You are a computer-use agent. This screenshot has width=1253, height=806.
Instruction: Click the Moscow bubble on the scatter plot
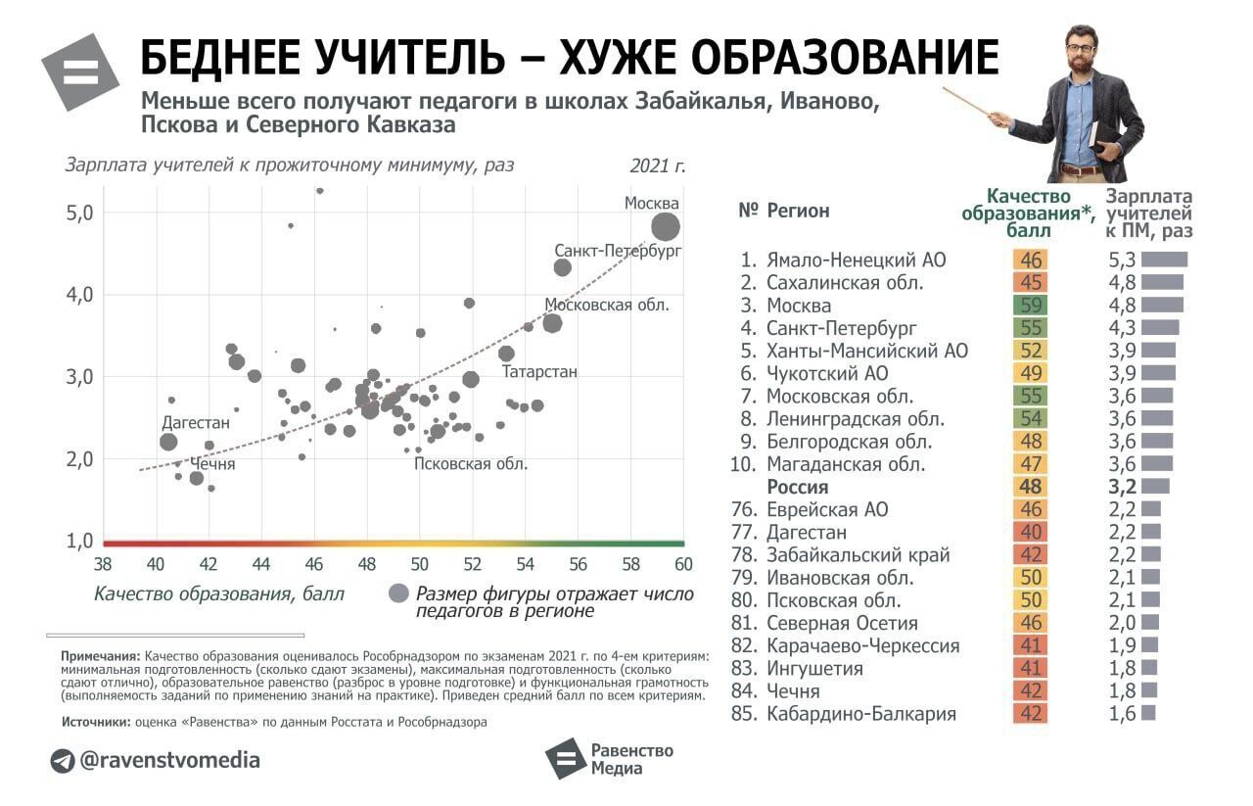pyautogui.click(x=666, y=227)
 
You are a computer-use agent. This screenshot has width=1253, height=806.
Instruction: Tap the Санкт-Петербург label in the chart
pyautogui.click(x=618, y=251)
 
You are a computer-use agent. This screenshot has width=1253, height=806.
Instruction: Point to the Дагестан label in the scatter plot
pyautogui.click(x=196, y=423)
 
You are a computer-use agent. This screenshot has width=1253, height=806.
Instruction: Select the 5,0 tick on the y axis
pyautogui.click(x=80, y=213)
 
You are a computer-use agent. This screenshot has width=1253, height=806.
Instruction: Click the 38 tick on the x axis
pyautogui.click(x=102, y=565)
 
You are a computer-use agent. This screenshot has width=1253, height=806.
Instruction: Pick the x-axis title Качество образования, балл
pyautogui.click(x=219, y=593)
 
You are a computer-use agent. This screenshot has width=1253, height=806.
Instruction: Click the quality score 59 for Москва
pyautogui.click(x=1030, y=306)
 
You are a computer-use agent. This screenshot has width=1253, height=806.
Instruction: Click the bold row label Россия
pyautogui.click(x=797, y=487)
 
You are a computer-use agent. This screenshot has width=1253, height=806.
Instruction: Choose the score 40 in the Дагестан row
pyautogui.click(x=1030, y=533)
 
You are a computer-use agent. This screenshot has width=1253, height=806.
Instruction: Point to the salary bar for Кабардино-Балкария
pyautogui.click(x=1148, y=714)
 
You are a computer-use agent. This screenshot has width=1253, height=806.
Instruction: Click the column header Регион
pyautogui.click(x=798, y=211)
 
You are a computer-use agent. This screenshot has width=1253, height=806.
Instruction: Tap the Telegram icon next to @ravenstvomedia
pyautogui.click(x=63, y=761)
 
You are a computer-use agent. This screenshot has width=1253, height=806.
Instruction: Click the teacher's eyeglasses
pyautogui.click(x=1080, y=48)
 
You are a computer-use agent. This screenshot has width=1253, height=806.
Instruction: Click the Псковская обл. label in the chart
pyautogui.click(x=471, y=464)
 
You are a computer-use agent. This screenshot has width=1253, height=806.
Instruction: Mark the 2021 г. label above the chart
pyautogui.click(x=658, y=166)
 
